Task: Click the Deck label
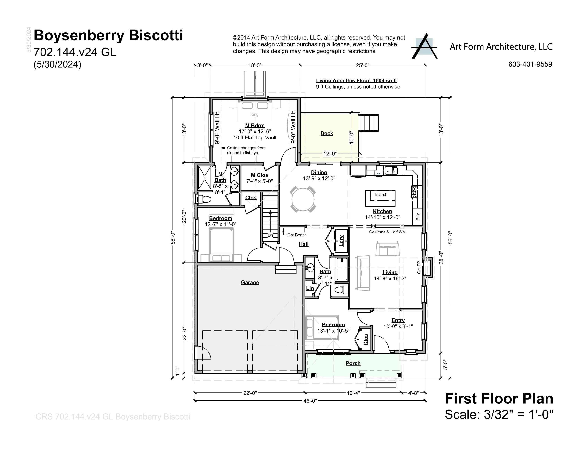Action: click(x=327, y=133)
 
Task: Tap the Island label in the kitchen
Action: click(x=380, y=194)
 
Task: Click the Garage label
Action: click(x=250, y=282)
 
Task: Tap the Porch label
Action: click(x=353, y=363)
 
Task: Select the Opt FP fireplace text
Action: click(x=419, y=267)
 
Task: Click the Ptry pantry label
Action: click(x=418, y=217)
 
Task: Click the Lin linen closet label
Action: click(x=310, y=288)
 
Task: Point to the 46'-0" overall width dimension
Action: click(x=310, y=401)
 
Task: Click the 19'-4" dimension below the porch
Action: click(x=353, y=393)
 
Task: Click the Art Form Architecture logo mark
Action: click(x=424, y=46)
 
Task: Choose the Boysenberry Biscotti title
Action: click(x=108, y=35)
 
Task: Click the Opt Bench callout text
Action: click(x=297, y=235)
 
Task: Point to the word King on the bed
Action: click(x=254, y=114)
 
